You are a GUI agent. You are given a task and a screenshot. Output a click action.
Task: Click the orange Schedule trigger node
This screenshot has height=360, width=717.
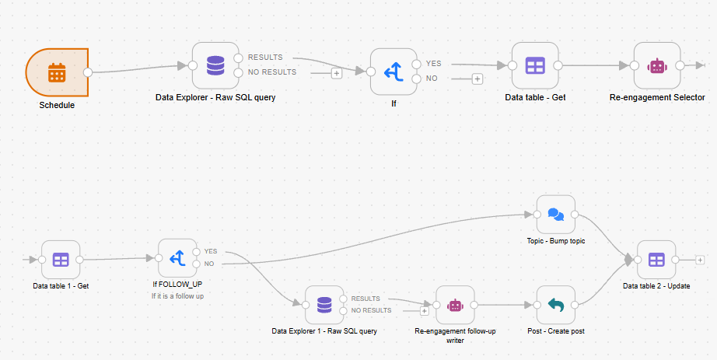58,72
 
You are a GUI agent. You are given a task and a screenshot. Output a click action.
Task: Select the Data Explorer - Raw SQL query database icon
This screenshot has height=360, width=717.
215,65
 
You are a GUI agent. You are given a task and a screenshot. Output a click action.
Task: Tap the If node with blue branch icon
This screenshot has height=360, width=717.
393,72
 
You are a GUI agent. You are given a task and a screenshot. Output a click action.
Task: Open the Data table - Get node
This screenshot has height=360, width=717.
535,65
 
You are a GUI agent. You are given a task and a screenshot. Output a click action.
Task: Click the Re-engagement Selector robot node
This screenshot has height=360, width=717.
657,65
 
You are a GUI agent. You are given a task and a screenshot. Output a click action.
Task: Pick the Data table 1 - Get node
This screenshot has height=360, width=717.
61,260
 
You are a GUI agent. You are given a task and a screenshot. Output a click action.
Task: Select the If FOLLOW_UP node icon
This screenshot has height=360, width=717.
177,258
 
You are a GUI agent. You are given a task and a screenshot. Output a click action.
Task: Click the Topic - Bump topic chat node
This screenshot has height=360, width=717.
555,215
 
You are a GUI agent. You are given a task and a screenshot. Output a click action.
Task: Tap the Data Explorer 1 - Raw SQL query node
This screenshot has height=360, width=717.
324,305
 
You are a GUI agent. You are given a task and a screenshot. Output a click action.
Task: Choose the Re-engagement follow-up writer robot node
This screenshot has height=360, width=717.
455,305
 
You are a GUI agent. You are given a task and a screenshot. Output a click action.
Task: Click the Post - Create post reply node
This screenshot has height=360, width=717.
555,305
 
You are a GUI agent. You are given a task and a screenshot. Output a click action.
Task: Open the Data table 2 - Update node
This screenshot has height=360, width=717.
656,260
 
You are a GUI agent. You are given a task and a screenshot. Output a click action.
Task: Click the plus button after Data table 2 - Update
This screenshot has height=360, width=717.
700,260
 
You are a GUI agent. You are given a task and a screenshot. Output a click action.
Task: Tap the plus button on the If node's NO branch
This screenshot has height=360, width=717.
477,79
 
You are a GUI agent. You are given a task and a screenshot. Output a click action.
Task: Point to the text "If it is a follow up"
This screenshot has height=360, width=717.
177,296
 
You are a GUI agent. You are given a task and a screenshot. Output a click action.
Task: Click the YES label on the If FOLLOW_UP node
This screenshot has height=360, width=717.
211,252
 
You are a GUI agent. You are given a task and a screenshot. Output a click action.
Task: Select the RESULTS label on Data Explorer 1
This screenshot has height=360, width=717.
365,299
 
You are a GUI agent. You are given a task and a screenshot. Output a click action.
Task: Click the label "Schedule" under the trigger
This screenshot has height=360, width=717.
58,105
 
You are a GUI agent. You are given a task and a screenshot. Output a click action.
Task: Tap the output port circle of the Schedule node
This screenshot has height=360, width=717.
88,72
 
